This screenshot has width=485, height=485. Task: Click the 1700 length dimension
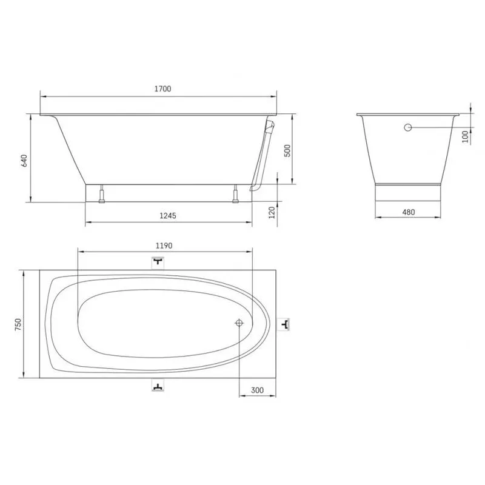162,89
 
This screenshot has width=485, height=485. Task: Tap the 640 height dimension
24,161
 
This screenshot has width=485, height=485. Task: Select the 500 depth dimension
287,150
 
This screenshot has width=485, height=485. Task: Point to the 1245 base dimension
168,216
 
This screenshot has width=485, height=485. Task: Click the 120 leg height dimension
272,213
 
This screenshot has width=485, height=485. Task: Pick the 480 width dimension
408,212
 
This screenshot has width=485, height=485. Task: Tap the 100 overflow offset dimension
465,136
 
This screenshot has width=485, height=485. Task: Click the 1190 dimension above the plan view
164,246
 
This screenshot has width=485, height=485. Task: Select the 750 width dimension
18,324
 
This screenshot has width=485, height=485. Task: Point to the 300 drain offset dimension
257,390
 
